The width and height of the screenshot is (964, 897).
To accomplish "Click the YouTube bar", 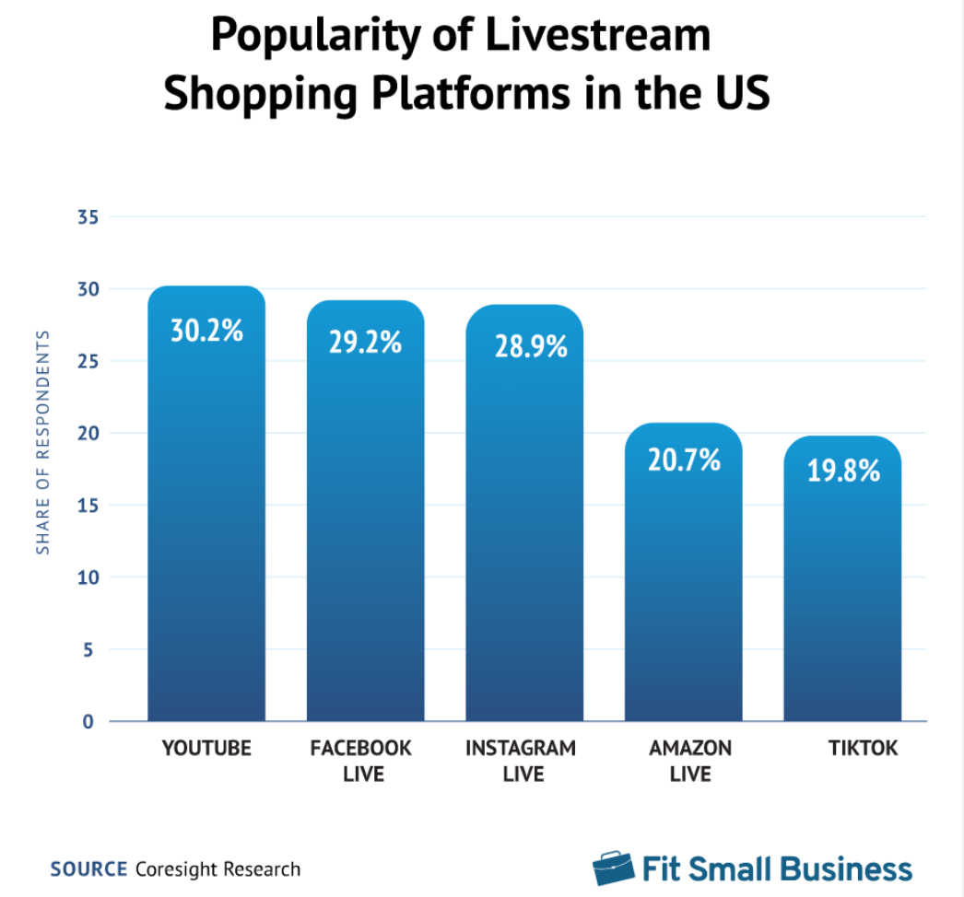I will point(206,516).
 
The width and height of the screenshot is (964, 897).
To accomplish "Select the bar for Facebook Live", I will point(365,525).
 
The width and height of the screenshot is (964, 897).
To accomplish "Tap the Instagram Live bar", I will point(524,525).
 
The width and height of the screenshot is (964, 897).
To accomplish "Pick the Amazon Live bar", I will point(683,580).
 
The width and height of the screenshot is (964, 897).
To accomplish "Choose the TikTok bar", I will point(842,589).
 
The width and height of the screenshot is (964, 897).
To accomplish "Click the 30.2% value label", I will point(206,330).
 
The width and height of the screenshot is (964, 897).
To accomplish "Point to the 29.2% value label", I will point(365,342).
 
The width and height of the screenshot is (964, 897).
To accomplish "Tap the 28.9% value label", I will point(524,346).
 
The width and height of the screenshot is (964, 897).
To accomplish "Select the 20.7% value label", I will point(683,459).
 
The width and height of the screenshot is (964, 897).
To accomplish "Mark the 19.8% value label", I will point(842,471).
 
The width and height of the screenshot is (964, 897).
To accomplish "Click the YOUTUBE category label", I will point(206,748).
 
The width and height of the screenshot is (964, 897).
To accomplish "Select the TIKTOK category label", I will point(862,748).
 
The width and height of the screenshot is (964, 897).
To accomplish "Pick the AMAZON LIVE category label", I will point(690,760).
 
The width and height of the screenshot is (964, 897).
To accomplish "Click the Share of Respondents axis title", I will point(42,442).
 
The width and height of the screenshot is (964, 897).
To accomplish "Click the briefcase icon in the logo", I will point(613,868).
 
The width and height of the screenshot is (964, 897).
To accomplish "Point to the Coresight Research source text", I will point(217,868).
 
